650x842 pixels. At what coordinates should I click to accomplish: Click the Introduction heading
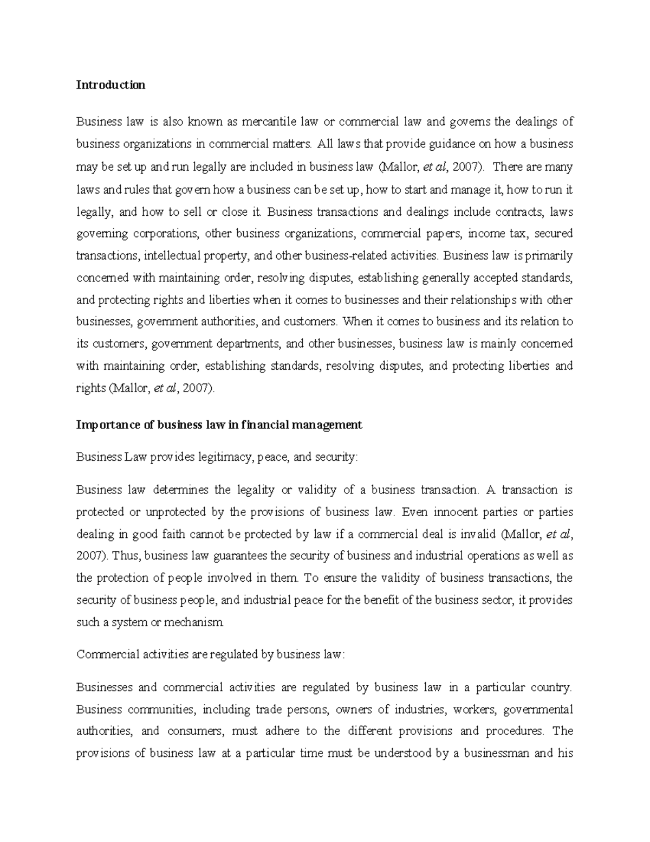click(x=110, y=85)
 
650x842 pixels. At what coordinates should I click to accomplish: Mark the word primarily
click(x=547, y=255)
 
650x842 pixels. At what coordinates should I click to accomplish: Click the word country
click(x=551, y=688)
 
